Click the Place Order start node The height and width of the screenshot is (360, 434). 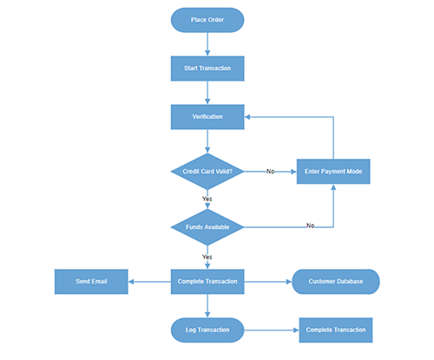[x=207, y=20]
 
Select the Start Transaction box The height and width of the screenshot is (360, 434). [x=207, y=68]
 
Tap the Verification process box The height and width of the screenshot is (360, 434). [x=207, y=116]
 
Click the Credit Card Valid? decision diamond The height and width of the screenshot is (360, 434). [x=207, y=171]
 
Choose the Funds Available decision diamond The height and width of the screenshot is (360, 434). [x=207, y=227]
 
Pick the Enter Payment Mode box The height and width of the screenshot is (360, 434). [x=333, y=171]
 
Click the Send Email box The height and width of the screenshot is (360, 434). [x=91, y=281]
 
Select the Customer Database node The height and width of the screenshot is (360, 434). [x=335, y=281]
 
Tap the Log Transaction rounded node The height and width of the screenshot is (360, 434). [x=207, y=330]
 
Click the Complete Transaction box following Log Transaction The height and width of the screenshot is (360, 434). [x=335, y=330]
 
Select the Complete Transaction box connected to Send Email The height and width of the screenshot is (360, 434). [x=207, y=281]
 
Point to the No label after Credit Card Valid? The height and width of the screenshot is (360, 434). [x=270, y=172]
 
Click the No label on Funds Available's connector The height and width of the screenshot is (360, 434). [x=310, y=226]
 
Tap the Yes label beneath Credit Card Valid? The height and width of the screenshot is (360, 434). [x=207, y=199]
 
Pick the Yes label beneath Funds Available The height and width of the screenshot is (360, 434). [x=207, y=257]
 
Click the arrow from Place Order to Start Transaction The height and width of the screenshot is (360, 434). [x=207, y=43]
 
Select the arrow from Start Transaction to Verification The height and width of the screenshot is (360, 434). [x=207, y=92]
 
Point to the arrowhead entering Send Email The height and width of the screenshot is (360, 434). [x=132, y=281]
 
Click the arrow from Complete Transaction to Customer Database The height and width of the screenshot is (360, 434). [x=267, y=281]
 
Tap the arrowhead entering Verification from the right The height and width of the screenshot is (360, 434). [x=248, y=116]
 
